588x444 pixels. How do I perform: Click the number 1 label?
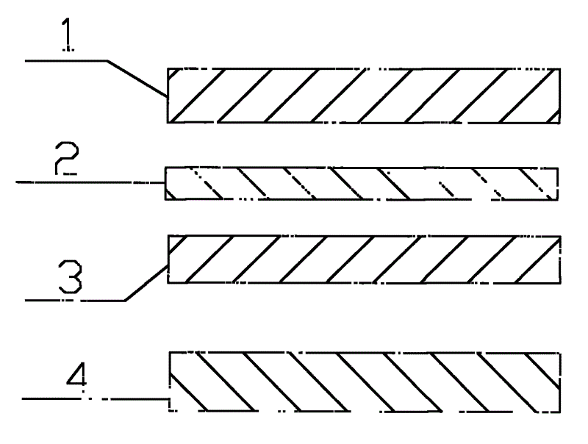68,35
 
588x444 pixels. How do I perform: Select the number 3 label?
70,277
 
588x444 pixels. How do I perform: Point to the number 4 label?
77,374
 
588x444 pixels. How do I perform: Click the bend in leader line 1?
107,60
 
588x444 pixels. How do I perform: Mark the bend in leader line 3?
125,300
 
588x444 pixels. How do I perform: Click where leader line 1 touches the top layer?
168,97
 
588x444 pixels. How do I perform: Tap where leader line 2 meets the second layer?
165,182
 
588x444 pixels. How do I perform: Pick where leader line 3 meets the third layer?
168,265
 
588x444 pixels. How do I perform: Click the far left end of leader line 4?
22,398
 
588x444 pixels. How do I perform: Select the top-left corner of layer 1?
168,68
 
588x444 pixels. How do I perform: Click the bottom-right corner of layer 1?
560,123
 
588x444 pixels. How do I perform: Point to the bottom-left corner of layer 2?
165,199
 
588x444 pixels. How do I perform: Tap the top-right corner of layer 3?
561,236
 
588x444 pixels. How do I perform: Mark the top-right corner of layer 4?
560,353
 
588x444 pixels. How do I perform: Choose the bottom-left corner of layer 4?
170,412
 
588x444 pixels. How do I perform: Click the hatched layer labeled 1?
364,96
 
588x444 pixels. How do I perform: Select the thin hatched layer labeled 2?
362,183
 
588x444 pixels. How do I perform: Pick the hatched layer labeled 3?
364,259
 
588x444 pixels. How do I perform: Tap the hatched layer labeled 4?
365,382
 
